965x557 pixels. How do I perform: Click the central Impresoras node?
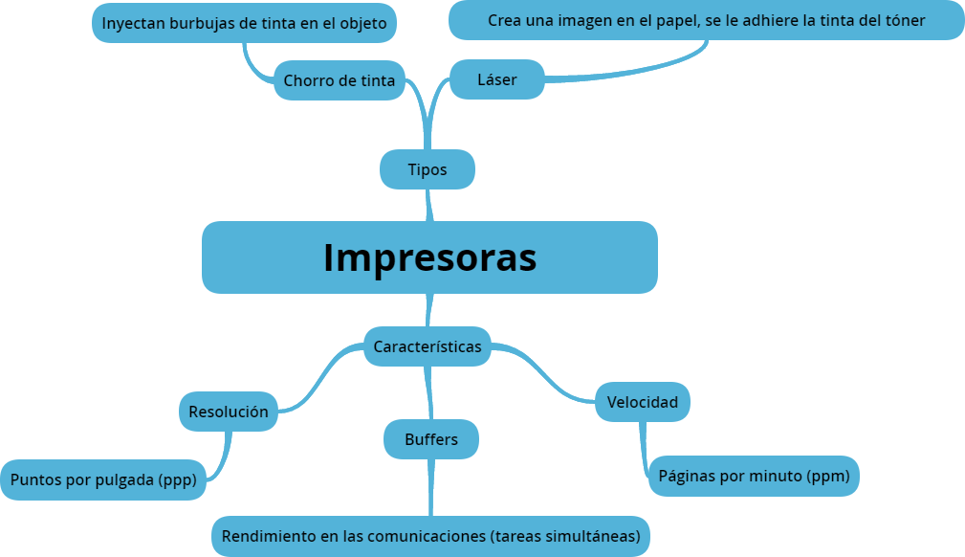pyautogui.click(x=429, y=257)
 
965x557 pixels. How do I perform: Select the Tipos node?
pyautogui.click(x=427, y=169)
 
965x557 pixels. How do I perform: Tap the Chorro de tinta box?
pyautogui.click(x=339, y=80)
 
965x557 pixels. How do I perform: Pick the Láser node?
pyautogui.click(x=496, y=79)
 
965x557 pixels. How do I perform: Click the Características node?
pyautogui.click(x=427, y=346)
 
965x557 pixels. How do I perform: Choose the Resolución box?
pyautogui.click(x=228, y=412)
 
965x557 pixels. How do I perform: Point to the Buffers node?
pyautogui.click(x=430, y=439)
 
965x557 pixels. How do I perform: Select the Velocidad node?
pyautogui.click(x=642, y=402)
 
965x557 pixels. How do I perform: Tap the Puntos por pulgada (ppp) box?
pyautogui.click(x=102, y=480)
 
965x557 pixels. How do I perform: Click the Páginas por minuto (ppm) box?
pyautogui.click(x=754, y=476)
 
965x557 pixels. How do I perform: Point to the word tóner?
pyautogui.click(x=903, y=20)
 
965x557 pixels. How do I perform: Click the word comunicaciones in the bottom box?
pyautogui.click(x=425, y=536)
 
